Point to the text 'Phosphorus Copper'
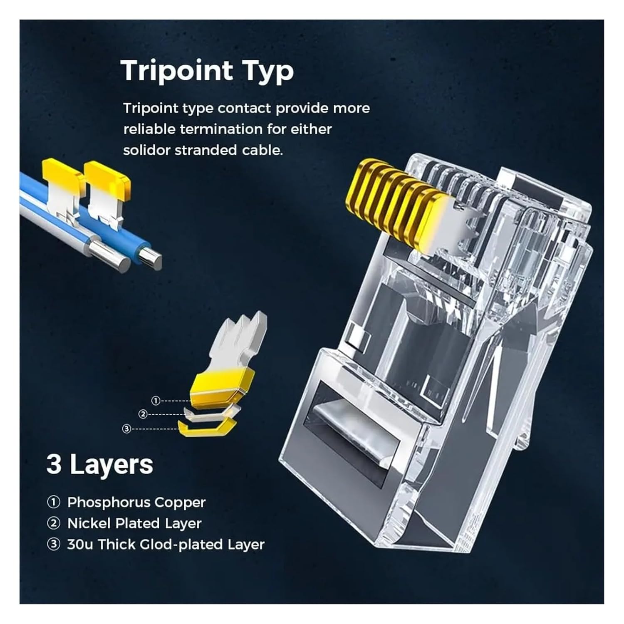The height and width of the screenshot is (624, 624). [x=136, y=502]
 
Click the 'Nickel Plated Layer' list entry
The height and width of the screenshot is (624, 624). [x=134, y=523]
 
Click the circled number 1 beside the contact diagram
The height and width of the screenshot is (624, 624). [x=156, y=401]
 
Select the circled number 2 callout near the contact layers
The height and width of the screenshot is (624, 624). [x=143, y=414]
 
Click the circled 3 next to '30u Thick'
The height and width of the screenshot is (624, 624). [x=54, y=545]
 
